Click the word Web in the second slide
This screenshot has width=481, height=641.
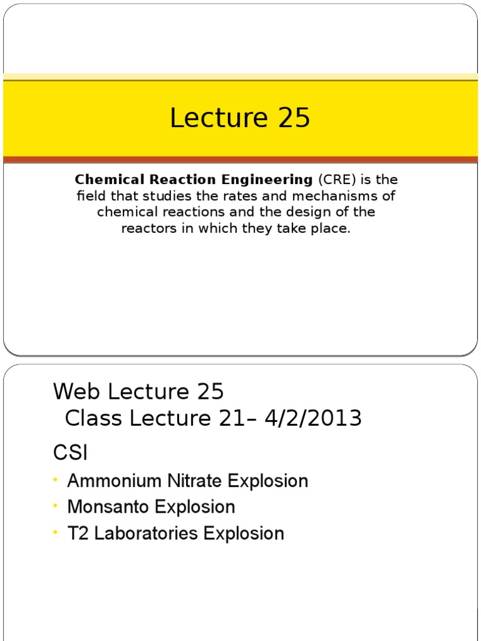77,392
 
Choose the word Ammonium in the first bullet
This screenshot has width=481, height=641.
110,481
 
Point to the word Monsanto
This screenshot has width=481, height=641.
109,507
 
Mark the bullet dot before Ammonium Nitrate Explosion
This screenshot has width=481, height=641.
56,479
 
